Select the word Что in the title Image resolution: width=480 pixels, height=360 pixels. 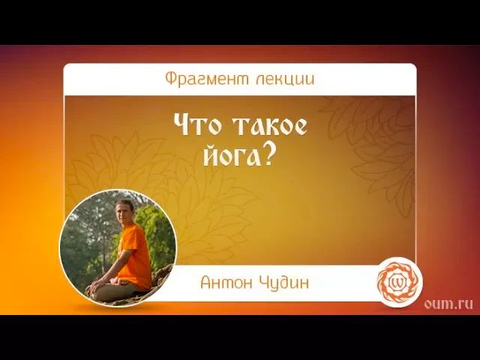194,126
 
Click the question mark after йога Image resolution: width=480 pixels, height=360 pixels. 268,153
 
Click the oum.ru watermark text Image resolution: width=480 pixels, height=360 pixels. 448,302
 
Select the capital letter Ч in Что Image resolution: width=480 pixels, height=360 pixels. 182,126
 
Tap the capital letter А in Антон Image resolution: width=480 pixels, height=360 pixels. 206,283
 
